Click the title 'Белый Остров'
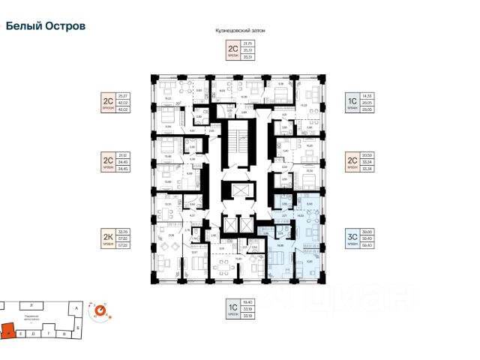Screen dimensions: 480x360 [46, 25]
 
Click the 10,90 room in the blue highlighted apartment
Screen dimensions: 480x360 [310, 262]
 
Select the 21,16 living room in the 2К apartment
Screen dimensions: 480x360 [172, 236]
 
